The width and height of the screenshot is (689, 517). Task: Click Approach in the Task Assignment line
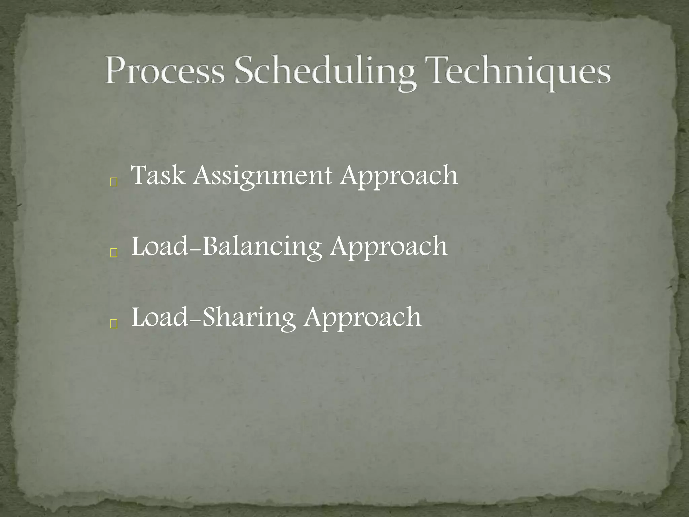point(399,177)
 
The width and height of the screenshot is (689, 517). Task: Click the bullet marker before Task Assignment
point(114,183)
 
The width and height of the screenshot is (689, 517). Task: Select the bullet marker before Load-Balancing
point(114,253)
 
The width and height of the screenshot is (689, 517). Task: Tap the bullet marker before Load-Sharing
point(114,324)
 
